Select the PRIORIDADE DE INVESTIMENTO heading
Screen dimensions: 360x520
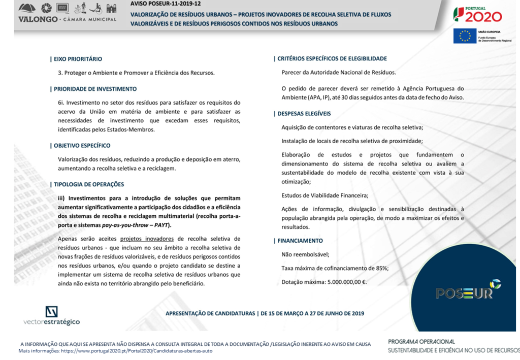(95, 89)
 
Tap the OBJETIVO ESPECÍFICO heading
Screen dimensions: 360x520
(82, 145)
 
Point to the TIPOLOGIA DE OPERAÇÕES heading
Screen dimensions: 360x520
(89, 184)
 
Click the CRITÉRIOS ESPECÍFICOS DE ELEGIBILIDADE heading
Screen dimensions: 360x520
(332, 59)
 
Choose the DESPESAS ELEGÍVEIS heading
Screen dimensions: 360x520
(304, 114)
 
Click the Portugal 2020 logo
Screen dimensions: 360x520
(477, 15)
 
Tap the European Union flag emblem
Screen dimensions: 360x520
(465, 36)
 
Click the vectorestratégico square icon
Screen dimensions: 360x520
(51, 311)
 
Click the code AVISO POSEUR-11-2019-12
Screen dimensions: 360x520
(165, 3)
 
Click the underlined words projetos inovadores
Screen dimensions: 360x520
(147, 239)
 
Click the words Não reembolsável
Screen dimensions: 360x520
(305, 254)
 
